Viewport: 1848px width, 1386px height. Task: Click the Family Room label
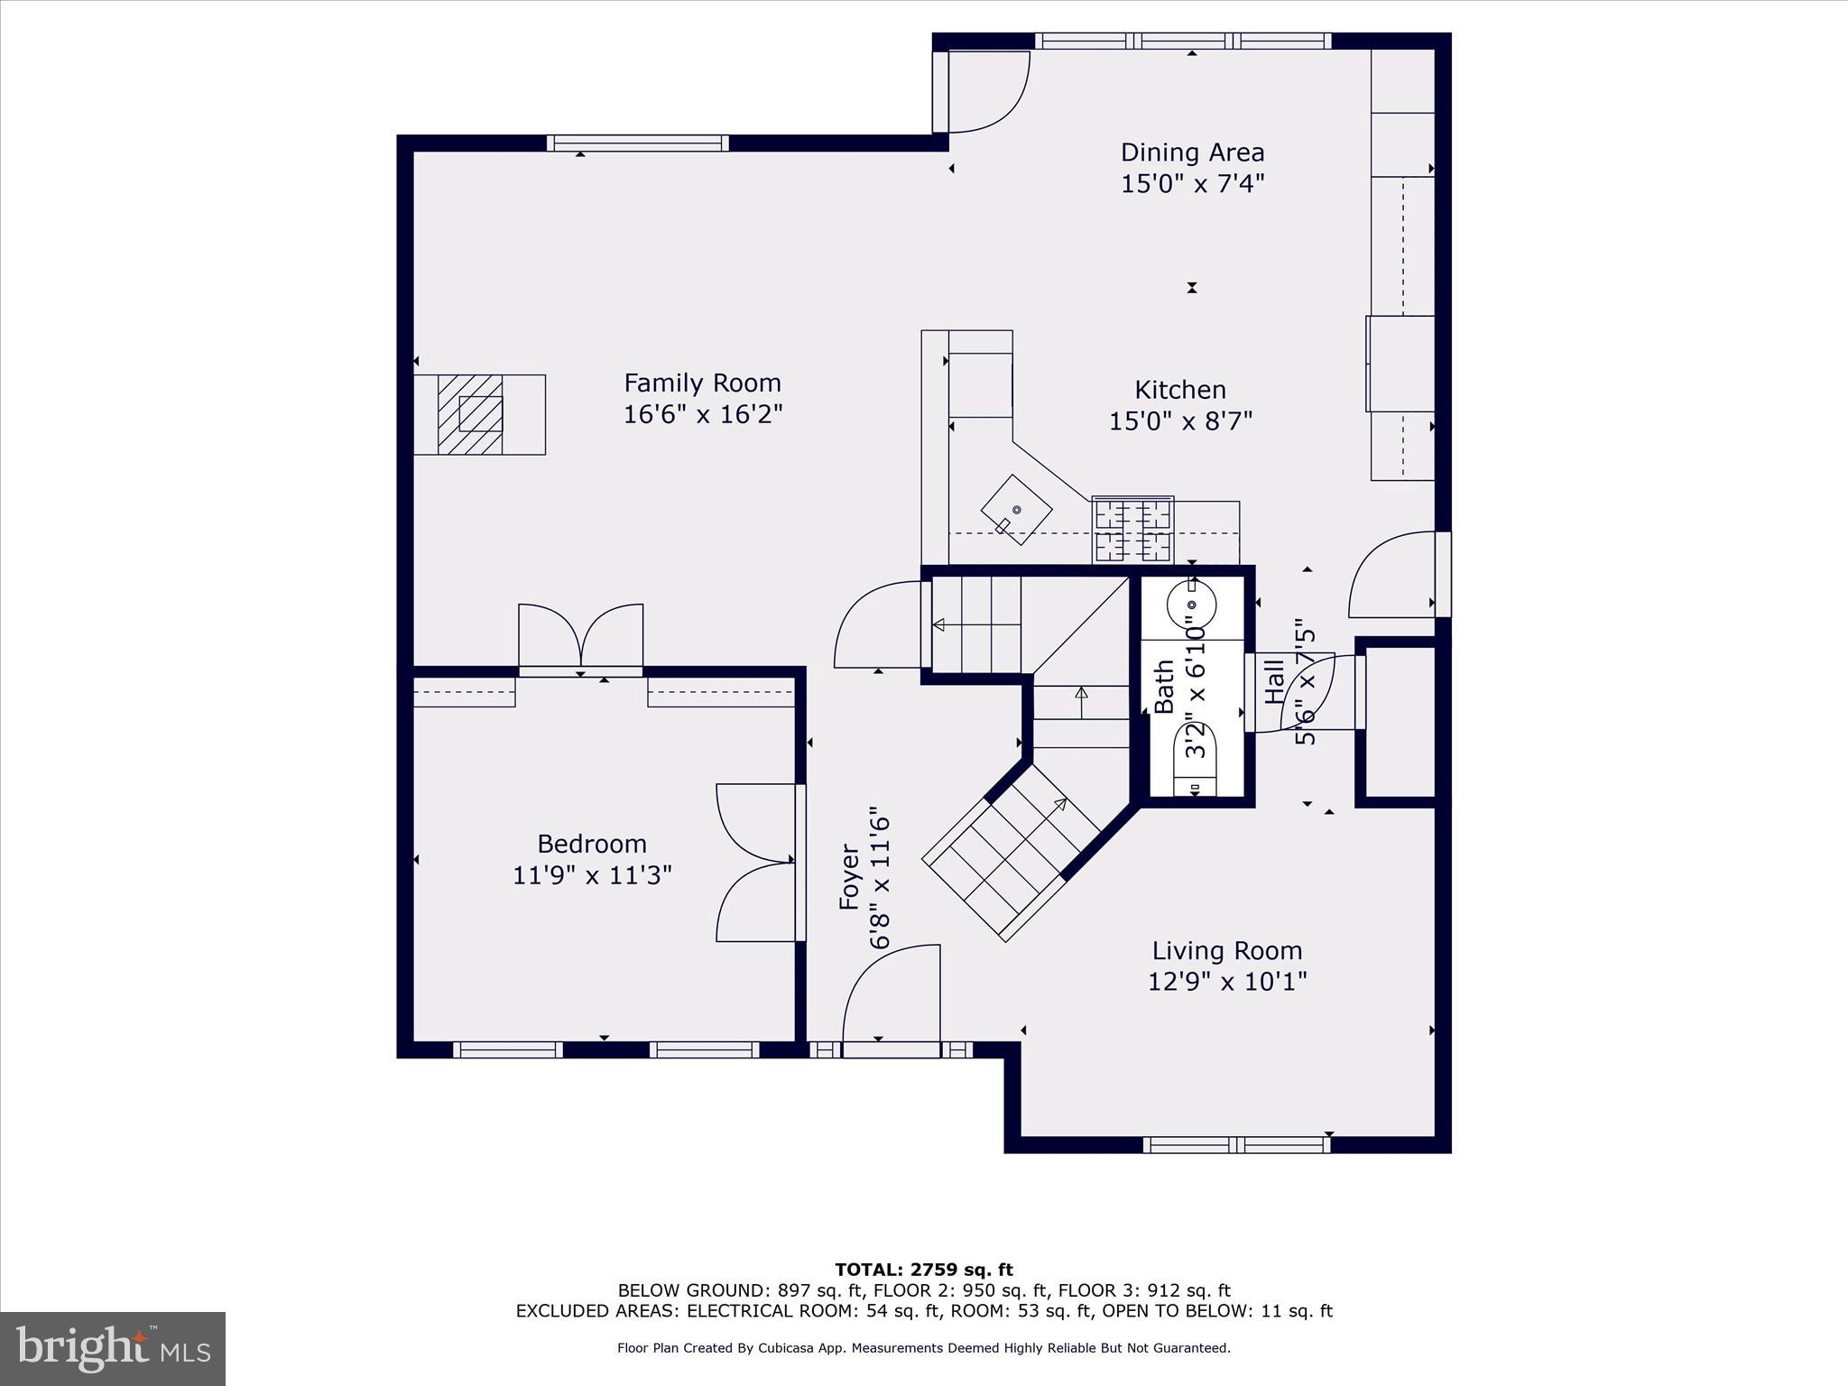[x=702, y=383]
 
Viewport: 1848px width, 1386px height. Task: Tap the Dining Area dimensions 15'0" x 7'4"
[x=1192, y=184]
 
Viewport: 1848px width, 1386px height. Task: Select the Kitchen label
[x=1180, y=390]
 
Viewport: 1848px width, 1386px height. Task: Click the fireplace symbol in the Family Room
[x=470, y=415]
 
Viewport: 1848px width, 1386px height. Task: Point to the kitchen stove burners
[x=1132, y=529]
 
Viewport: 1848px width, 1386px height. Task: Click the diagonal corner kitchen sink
[x=1017, y=510]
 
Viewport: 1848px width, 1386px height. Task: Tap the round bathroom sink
[x=1191, y=605]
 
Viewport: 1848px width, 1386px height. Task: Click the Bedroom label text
[x=592, y=844]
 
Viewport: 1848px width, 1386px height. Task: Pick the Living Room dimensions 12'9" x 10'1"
[x=1227, y=981]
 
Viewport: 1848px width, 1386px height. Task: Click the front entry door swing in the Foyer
[x=889, y=997]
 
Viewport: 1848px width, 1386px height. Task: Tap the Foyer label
[x=849, y=876]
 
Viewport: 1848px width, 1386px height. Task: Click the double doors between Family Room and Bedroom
[x=581, y=639]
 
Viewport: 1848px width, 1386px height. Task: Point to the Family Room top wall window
[x=637, y=143]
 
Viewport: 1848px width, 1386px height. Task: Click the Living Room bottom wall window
[x=1236, y=1144]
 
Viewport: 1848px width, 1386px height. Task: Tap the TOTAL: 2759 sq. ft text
[x=924, y=1270]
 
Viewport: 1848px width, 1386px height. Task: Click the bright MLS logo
[x=113, y=1348]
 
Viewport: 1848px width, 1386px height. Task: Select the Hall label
[x=1274, y=682]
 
